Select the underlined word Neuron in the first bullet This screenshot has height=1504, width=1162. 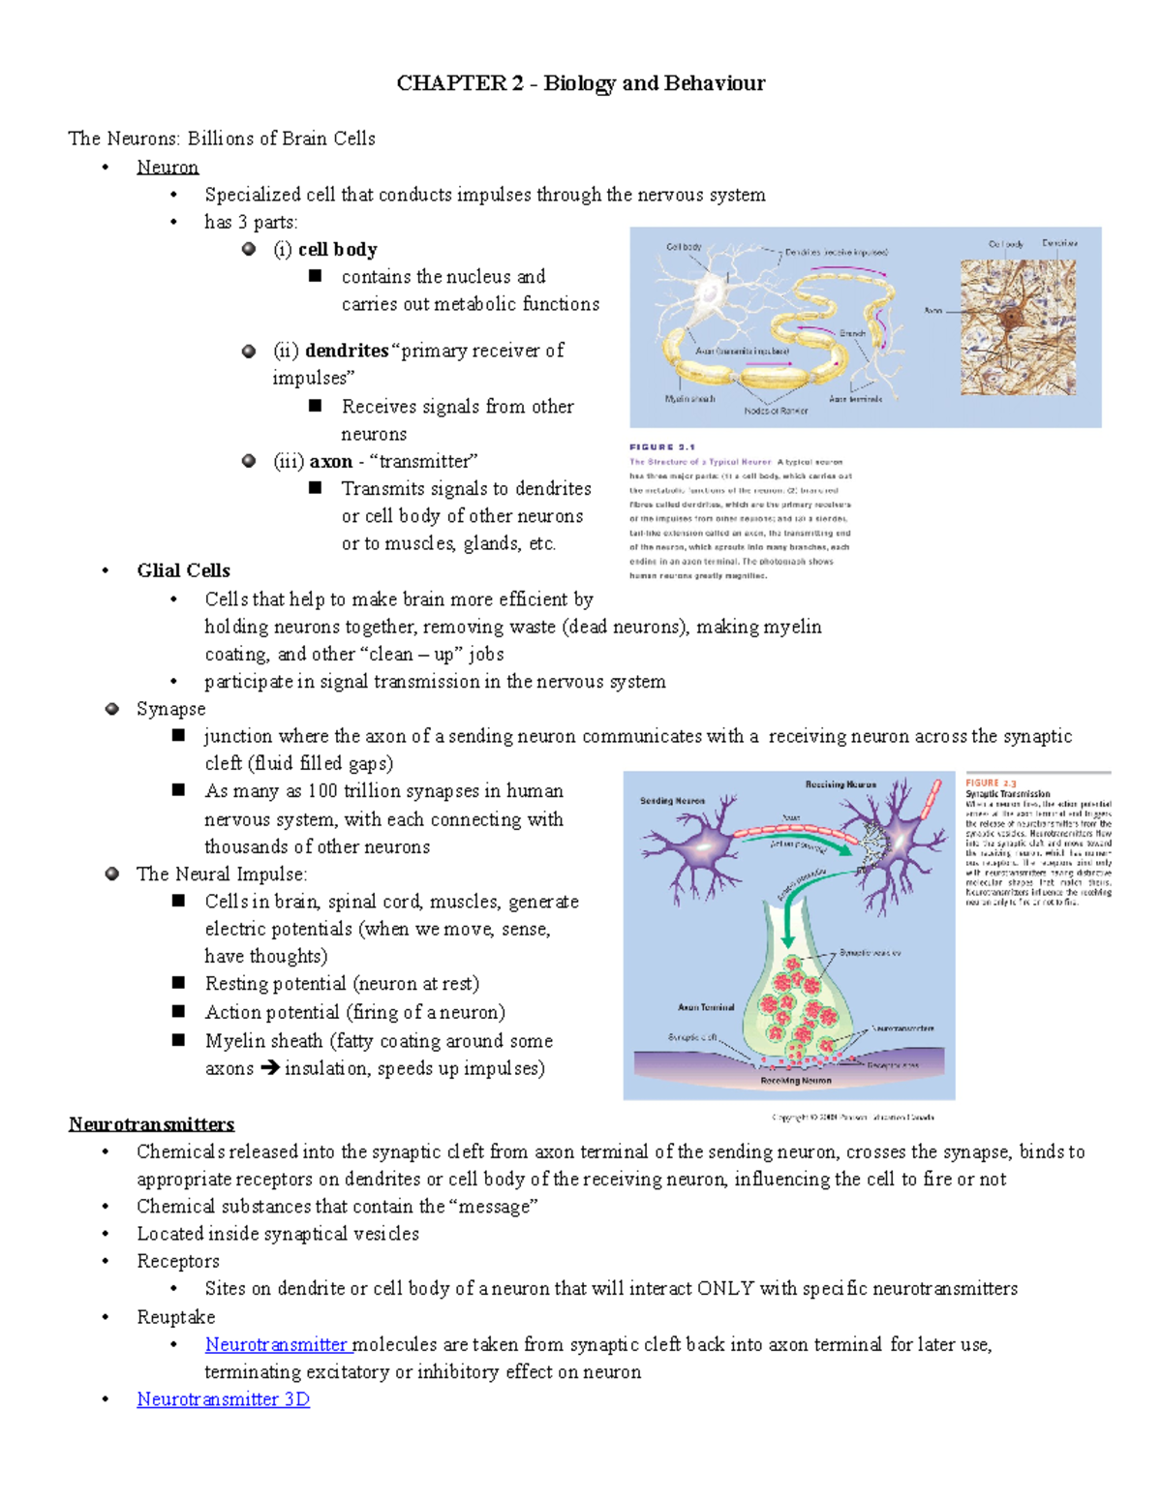coord(168,168)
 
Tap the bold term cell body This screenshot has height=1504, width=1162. coord(337,250)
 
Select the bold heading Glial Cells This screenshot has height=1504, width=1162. coord(183,570)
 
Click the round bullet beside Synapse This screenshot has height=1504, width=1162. coord(112,709)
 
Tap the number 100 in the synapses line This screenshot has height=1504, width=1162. coord(321,791)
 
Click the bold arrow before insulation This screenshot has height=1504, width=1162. coord(269,1068)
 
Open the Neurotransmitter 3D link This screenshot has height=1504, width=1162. coord(223,1399)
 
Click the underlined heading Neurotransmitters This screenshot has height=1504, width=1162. coord(151,1124)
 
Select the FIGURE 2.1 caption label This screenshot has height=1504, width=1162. coord(662,447)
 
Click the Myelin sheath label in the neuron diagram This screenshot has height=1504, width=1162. coord(689,399)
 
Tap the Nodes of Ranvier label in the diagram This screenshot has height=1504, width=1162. coord(775,411)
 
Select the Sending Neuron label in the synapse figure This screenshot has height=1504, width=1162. coord(672,801)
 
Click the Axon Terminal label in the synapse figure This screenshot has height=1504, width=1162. coord(706,1007)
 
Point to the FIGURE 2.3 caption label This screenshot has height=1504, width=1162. coord(991,783)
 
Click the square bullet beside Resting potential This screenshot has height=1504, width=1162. coord(178,983)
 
